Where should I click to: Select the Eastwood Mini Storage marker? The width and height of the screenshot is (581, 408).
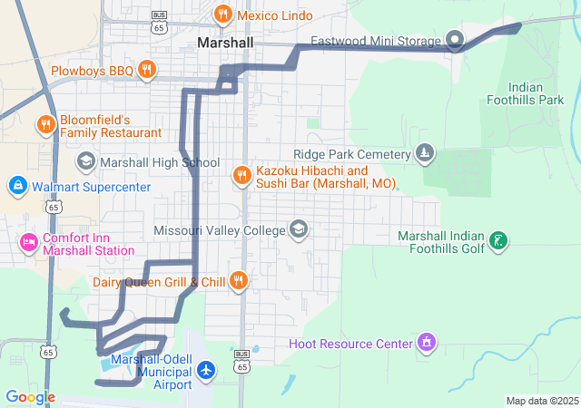[x=455, y=41]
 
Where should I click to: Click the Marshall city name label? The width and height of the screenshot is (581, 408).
[x=225, y=43]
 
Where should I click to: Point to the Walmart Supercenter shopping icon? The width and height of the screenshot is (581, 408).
[x=17, y=187]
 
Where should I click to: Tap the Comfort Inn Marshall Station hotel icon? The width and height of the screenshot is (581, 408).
[x=28, y=243]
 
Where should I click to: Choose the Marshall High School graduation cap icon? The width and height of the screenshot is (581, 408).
[x=85, y=162]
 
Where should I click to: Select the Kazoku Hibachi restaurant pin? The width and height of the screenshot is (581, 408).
[x=241, y=176]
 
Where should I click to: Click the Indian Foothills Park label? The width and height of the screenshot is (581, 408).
[x=526, y=93]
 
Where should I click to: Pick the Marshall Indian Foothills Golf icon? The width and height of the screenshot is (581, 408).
[x=497, y=242]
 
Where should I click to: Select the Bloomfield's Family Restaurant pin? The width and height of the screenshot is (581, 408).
[x=44, y=125]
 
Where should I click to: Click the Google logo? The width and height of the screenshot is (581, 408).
[x=31, y=397]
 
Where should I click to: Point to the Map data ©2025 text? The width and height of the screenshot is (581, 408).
[x=542, y=401]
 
